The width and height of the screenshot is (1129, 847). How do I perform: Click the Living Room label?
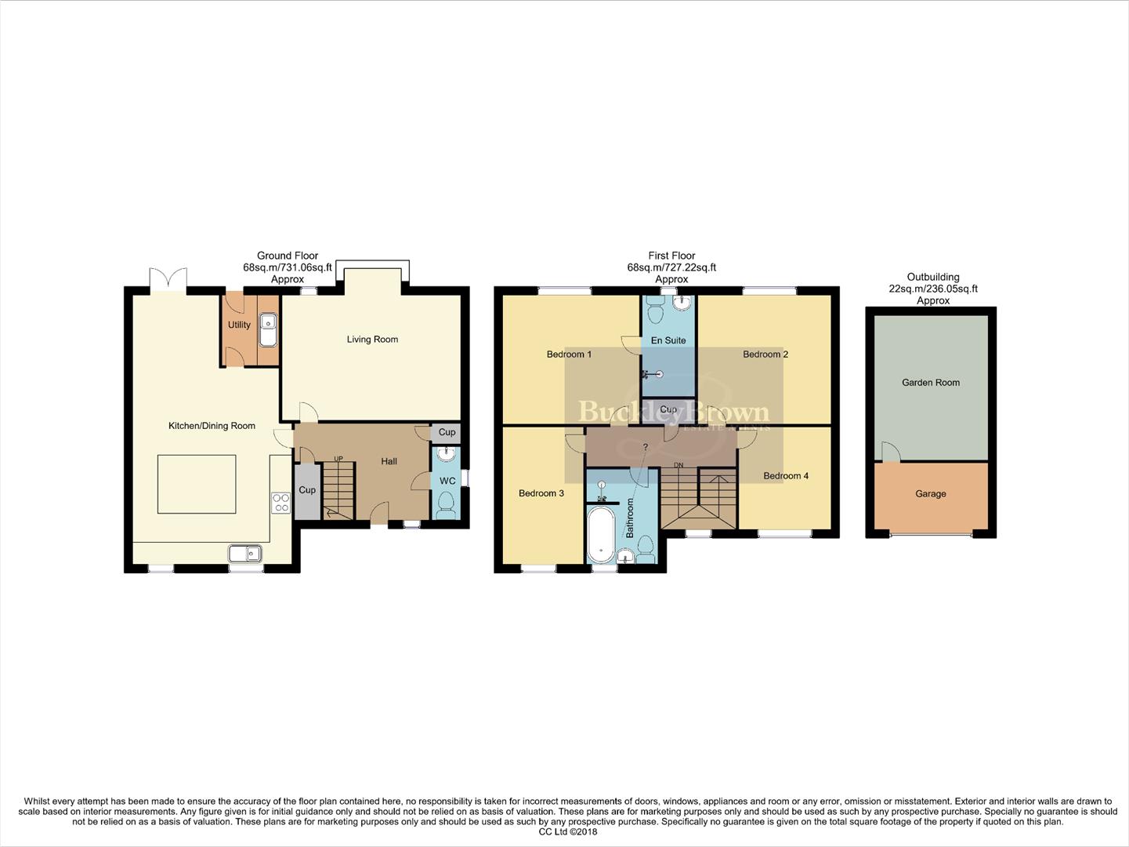click(x=372, y=340)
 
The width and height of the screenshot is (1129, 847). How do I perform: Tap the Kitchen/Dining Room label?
click(x=212, y=426)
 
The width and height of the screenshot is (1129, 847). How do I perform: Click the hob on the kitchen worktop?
click(x=280, y=502)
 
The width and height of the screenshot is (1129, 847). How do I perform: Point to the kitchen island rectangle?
click(x=197, y=484)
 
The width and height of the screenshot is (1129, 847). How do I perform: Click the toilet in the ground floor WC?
click(x=447, y=503)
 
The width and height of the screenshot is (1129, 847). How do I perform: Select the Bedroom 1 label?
click(x=569, y=354)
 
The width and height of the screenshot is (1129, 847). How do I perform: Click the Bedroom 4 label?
click(x=786, y=476)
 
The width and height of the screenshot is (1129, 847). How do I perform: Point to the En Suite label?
click(x=668, y=340)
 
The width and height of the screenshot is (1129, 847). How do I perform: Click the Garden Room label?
click(x=930, y=383)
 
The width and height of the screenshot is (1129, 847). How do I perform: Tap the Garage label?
click(x=930, y=494)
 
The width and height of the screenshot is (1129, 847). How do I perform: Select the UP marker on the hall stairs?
click(x=338, y=459)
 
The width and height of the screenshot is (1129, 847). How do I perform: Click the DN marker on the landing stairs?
click(x=678, y=465)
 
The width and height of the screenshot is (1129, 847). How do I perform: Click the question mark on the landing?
click(x=646, y=447)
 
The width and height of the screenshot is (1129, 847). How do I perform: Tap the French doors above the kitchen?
click(x=168, y=280)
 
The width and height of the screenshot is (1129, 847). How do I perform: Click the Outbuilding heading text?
click(x=932, y=277)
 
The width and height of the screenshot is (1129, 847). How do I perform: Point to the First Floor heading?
click(x=671, y=256)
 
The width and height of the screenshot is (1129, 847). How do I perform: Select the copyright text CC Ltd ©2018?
click(x=568, y=832)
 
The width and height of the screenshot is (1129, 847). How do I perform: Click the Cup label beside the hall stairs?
click(x=307, y=490)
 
